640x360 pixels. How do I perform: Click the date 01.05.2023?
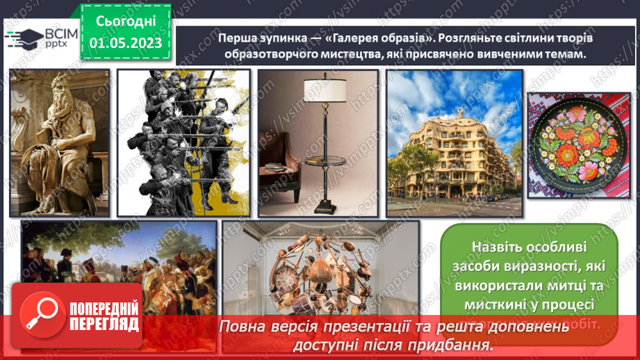(x=126, y=43)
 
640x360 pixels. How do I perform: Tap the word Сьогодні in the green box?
(x=126, y=21)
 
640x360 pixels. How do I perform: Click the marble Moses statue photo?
(x=59, y=142)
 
